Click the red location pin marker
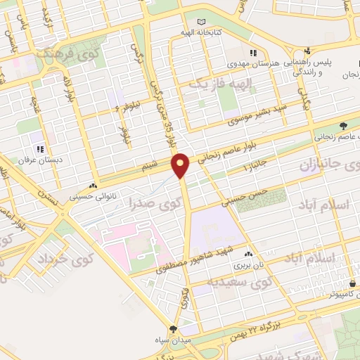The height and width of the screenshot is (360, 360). tap(181, 165)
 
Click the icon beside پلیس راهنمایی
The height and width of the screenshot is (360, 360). tap(307, 51)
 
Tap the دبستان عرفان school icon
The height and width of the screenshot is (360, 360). tap(41, 149)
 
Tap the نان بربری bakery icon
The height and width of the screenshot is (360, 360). tap(247, 255)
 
